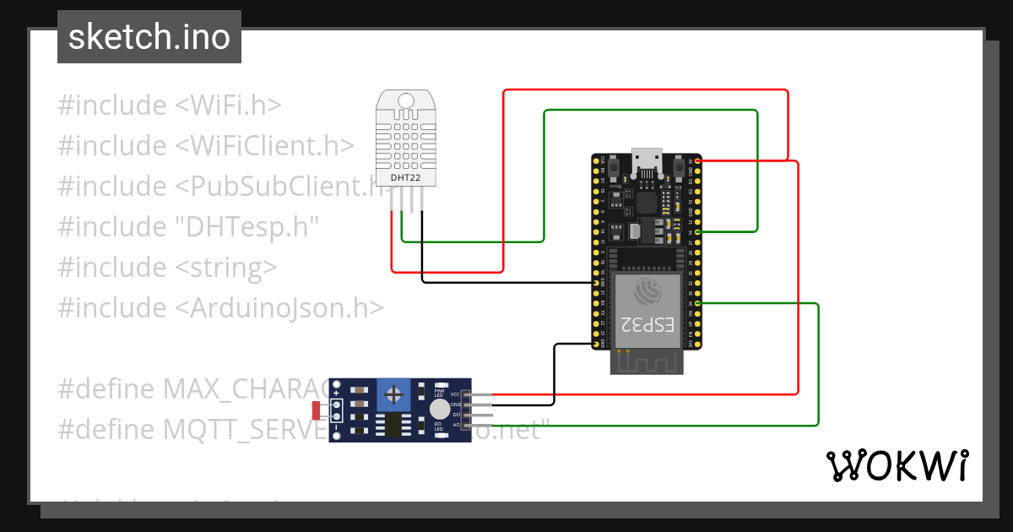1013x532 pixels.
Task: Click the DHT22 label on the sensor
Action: tap(406, 178)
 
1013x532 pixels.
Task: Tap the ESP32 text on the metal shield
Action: tap(647, 324)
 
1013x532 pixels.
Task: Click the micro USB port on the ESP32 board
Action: tap(647, 159)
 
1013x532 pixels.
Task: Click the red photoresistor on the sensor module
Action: tap(317, 410)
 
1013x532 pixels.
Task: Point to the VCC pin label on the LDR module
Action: tap(455, 394)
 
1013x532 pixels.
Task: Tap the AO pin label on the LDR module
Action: tap(456, 425)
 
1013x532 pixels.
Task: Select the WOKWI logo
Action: tap(897, 465)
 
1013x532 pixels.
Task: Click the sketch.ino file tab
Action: tap(149, 37)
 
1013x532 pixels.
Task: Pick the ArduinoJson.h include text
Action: tap(279, 307)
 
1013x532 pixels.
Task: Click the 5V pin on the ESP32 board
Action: tap(698, 160)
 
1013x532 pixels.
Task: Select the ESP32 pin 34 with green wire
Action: tap(698, 303)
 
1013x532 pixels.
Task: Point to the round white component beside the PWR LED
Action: tap(439, 410)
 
